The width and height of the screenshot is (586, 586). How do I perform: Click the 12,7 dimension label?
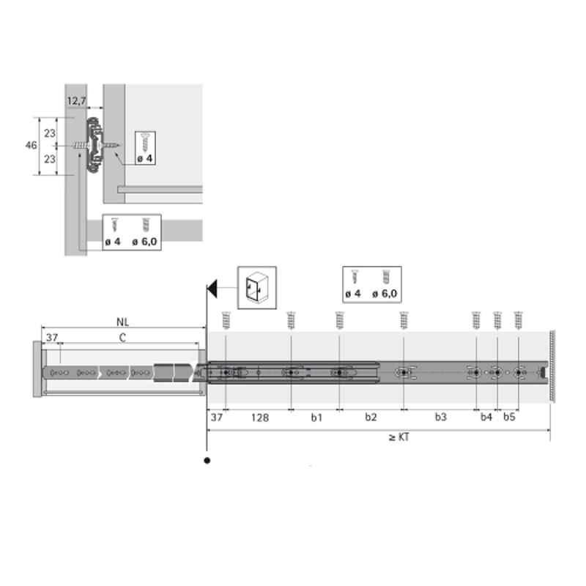coord(77,101)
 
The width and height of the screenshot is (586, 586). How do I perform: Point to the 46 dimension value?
coord(31,145)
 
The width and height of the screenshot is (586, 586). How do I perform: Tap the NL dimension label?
coord(122,322)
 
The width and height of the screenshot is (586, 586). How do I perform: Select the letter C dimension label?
coord(122,338)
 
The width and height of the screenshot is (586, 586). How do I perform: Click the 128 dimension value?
coord(260,418)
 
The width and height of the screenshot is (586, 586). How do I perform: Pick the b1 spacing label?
coord(316,417)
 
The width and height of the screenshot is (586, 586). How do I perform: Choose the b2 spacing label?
coord(371,417)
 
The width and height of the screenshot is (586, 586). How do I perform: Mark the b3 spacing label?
coord(441,417)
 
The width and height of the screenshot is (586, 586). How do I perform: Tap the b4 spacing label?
coord(486,417)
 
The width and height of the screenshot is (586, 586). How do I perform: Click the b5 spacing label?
coord(509,417)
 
